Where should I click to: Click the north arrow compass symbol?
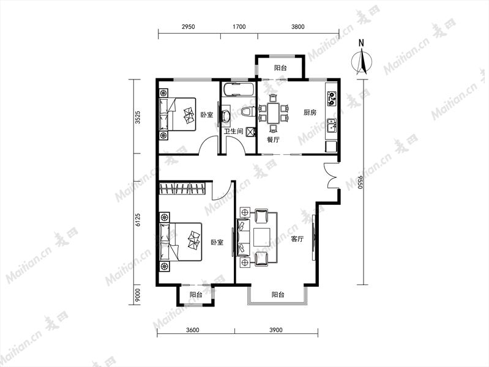(362, 59)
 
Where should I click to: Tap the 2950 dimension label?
(188, 27)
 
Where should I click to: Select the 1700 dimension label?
(239, 27)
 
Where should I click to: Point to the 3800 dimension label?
(298, 27)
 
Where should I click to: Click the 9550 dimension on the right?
(360, 182)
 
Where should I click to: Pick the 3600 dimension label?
(192, 330)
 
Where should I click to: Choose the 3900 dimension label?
(275, 330)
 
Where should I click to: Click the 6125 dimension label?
(138, 220)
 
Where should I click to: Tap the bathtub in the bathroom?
(238, 90)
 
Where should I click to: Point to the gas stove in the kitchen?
(332, 98)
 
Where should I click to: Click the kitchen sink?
(332, 125)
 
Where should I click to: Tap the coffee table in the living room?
(262, 237)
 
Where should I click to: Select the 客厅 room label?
(297, 239)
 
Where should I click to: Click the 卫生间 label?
(234, 132)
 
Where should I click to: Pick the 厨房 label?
(310, 113)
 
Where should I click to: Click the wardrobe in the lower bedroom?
(182, 188)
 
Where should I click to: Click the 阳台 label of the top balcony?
(280, 68)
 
